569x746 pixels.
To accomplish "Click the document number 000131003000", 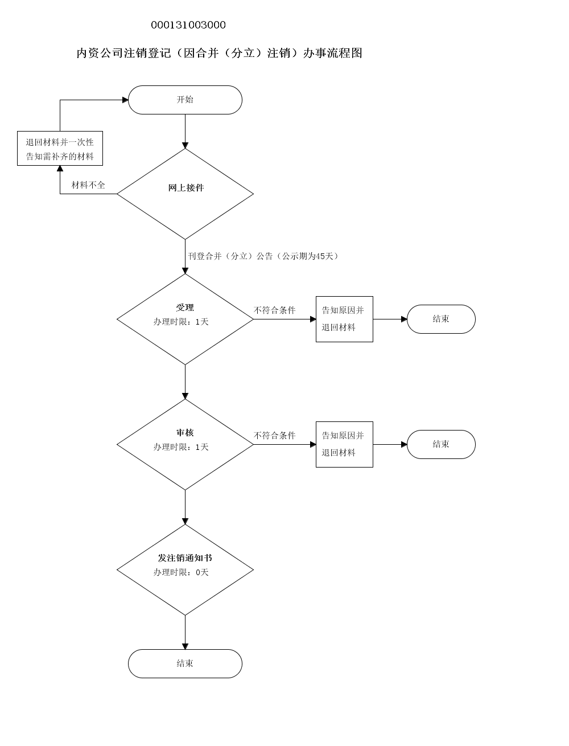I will (188, 25).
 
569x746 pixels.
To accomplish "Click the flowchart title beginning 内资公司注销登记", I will (220, 54).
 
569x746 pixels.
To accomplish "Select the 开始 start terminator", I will (185, 100).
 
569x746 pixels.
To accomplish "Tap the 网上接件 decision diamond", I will (185, 194).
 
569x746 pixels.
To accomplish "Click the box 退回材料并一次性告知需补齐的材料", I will (60, 149).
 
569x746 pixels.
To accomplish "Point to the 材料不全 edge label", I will (88, 185).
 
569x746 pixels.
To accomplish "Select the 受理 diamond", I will (185, 319).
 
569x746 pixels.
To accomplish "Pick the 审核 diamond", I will (185, 444).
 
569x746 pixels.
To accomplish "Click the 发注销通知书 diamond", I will (185, 569).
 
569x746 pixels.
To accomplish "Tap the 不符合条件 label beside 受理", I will (275, 310).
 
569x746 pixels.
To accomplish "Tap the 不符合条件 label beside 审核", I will (275, 436).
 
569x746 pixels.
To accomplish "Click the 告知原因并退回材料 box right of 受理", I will (344, 319).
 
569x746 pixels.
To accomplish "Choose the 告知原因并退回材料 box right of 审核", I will (344, 444).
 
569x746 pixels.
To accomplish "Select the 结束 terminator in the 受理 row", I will (441, 319).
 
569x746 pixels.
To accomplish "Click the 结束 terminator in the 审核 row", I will (441, 444).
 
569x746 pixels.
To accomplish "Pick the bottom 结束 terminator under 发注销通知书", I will (185, 663).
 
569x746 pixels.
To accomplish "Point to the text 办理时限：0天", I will (181, 572).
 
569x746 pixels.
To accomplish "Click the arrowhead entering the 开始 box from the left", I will (125, 100).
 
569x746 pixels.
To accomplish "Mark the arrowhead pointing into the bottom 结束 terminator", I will (185, 646).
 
